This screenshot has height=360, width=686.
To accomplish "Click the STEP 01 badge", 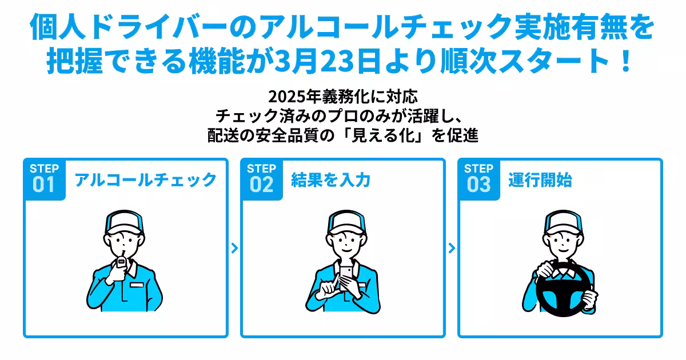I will coord(44,179).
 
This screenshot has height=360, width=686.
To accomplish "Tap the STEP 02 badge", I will coord(261,179).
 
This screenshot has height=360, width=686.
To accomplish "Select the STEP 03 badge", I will coord(478,179).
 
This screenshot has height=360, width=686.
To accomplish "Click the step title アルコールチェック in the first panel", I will coord(146,180).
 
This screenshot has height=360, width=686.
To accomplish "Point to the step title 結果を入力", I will coord(330,180).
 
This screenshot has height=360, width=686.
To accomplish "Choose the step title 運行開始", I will coord(540,180).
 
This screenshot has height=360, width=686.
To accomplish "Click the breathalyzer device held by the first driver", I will coord(121,265).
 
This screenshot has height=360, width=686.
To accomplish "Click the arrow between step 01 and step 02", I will coord(234,248).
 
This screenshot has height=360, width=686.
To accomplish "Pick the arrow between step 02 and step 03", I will coord(452,248).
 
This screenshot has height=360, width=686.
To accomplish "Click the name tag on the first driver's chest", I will coord(138,284).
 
